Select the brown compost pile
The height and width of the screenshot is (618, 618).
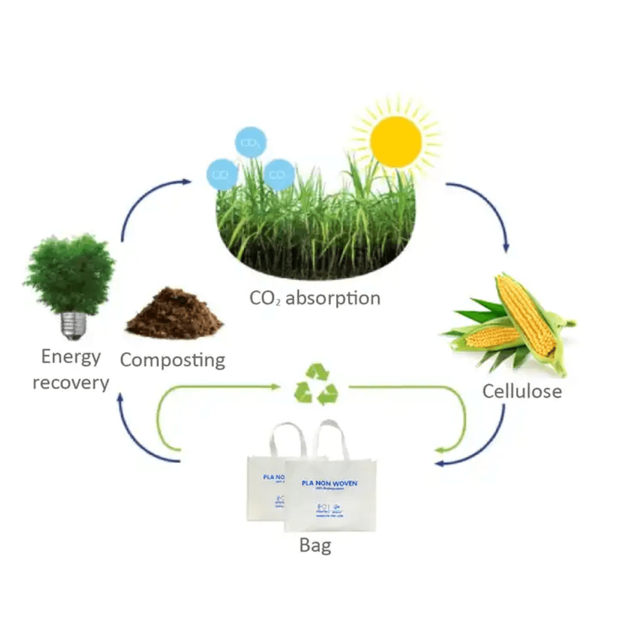point(174,315)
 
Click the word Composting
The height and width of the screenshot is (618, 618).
point(173,360)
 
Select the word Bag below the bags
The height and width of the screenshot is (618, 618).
point(315,546)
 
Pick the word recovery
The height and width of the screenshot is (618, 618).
point(71,382)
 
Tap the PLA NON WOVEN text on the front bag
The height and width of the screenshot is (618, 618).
point(329,483)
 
